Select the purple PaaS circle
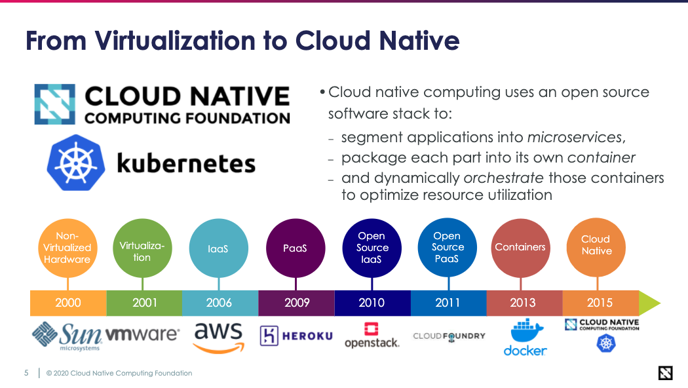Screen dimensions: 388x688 [296, 248]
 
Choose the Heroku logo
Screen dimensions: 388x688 [296, 336]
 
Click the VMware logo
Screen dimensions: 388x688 [142, 334]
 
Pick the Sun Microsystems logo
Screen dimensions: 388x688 [67, 336]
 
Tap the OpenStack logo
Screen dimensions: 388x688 [372, 335]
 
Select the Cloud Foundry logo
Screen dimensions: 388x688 [449, 336]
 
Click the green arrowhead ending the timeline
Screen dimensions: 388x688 [649, 303]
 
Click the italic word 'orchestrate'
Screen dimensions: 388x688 [504, 178]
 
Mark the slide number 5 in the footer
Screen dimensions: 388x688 [26, 373]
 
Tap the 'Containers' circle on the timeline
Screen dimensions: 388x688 [520, 248]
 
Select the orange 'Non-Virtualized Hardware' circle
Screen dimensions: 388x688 [67, 248]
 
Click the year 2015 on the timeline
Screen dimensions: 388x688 [600, 302]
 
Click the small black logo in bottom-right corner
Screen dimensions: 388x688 [666, 373]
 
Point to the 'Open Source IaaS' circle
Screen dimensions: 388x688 [372, 248]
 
